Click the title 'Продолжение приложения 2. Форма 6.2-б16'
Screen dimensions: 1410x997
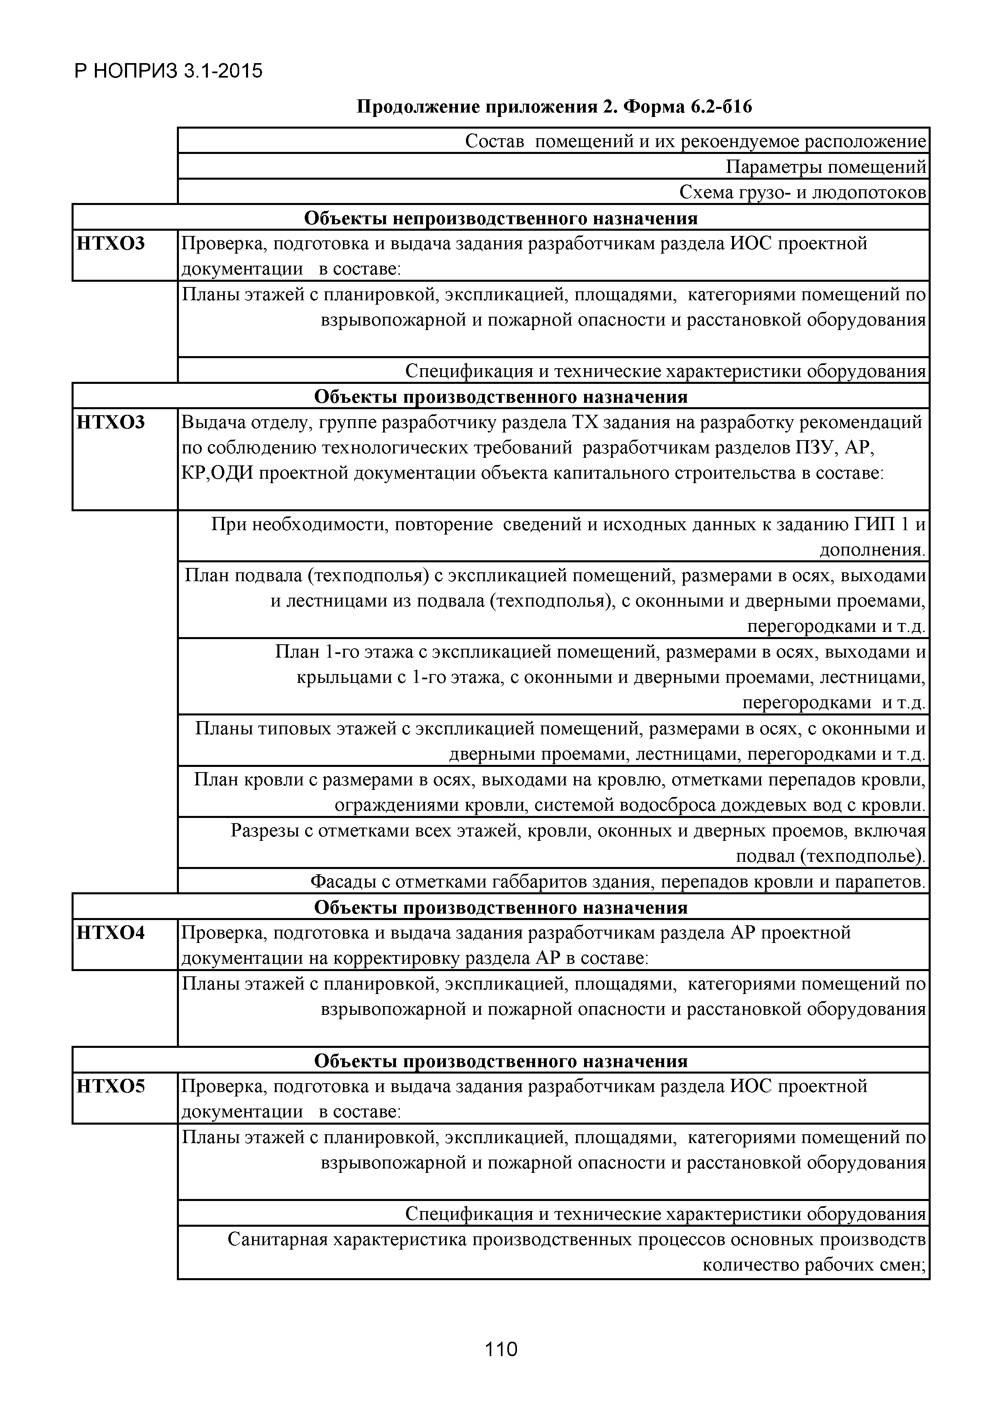[x=554, y=107]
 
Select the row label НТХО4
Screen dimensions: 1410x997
[x=111, y=933]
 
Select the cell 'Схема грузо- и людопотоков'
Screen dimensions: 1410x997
[x=802, y=193]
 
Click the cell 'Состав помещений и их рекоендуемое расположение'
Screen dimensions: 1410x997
[x=695, y=142]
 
